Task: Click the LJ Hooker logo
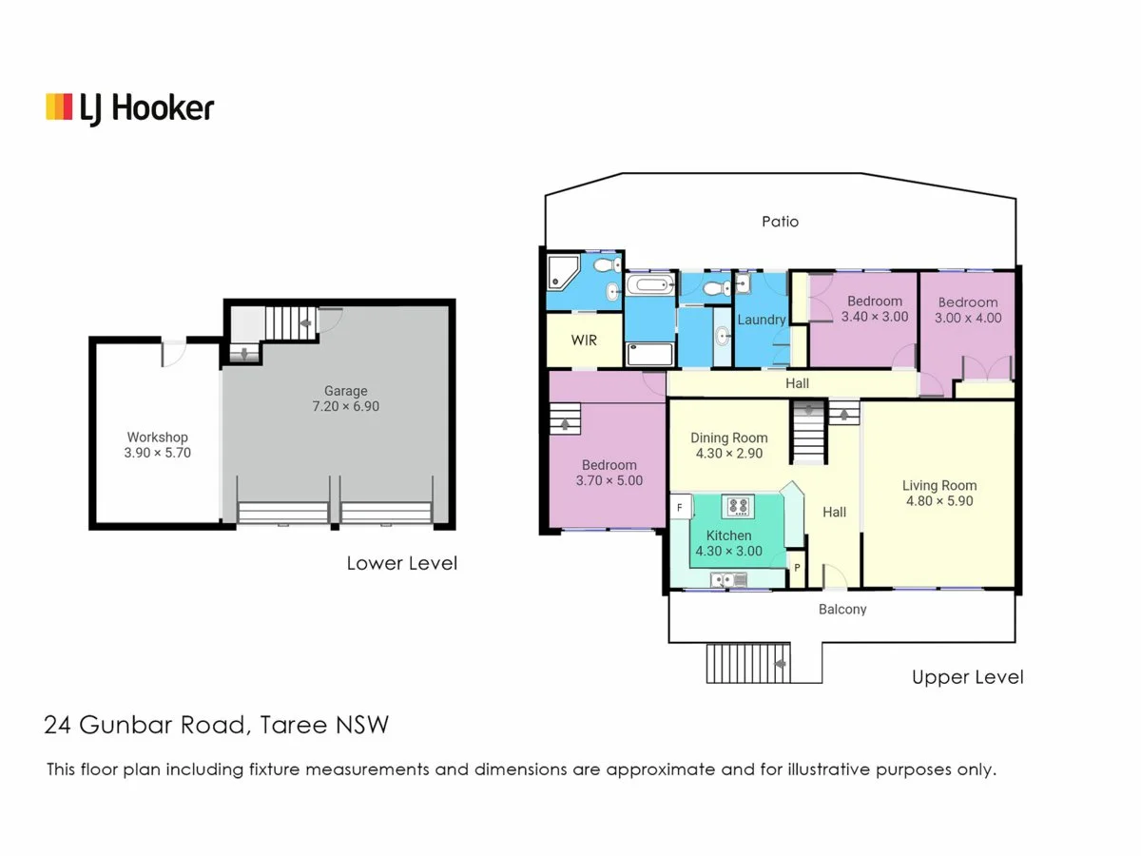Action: coord(130,107)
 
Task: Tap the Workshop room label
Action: coord(159,438)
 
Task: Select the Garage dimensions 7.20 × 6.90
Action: coord(345,406)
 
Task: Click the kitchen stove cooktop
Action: coord(737,505)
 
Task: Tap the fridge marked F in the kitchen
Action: coord(679,509)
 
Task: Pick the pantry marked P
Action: coord(797,568)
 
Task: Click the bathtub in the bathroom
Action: coord(650,284)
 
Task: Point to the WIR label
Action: coord(584,340)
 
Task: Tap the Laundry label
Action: coord(762,320)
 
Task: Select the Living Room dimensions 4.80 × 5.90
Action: coord(939,501)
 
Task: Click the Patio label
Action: coord(781,222)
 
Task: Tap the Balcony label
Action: coord(842,609)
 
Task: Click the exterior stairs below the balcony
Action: coord(747,663)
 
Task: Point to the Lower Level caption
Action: coord(401,563)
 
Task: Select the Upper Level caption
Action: coord(967,677)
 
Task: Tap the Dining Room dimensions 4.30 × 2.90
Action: coord(729,454)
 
